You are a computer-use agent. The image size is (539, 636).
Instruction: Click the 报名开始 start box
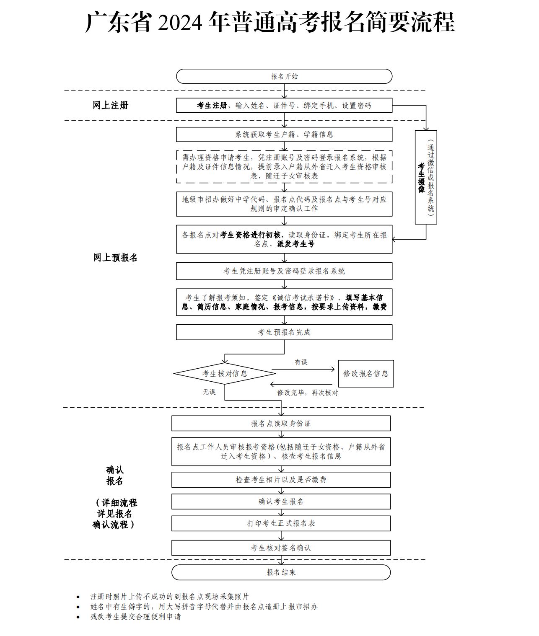click(284, 76)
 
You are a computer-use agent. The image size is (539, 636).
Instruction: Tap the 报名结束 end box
click(281, 572)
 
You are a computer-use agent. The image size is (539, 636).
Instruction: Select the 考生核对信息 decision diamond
click(225, 374)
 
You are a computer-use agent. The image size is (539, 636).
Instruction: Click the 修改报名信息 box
click(366, 374)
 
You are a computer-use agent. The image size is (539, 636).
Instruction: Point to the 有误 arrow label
click(301, 362)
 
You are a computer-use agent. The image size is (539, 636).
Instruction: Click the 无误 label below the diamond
click(209, 392)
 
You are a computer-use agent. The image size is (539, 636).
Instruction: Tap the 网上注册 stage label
click(110, 105)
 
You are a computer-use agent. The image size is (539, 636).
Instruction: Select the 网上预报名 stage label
click(115, 258)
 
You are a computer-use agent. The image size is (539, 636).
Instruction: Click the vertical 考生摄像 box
click(426, 177)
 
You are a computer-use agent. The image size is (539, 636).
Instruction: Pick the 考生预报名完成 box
click(284, 332)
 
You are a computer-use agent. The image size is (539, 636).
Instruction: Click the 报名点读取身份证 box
click(281, 424)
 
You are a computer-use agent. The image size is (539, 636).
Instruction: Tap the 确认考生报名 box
click(281, 502)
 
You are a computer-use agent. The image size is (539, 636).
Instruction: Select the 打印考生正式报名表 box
click(281, 523)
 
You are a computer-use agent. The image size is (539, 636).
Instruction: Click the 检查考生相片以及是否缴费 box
click(281, 480)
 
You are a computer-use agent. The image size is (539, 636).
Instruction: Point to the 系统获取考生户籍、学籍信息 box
click(284, 134)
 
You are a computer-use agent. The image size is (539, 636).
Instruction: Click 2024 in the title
click(180, 23)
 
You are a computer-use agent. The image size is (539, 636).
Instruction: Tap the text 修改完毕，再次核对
click(308, 393)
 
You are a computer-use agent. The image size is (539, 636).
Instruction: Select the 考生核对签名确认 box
click(281, 548)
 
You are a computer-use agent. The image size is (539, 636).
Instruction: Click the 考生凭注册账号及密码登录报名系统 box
click(284, 271)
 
